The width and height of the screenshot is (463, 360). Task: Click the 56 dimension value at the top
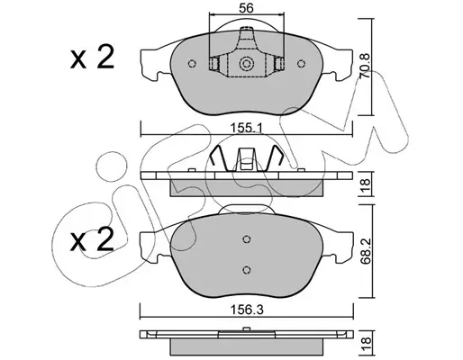246,8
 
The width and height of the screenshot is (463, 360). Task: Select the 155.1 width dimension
246,129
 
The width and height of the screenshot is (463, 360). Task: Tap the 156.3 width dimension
247,310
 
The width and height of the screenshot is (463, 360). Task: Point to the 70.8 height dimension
365,67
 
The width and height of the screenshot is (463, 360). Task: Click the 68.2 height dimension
366,251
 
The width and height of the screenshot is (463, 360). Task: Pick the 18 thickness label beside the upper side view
366,184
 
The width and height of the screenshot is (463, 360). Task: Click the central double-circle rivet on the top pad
246,64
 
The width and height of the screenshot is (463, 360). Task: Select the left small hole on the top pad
192,64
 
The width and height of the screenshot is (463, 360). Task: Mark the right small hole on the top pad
301,64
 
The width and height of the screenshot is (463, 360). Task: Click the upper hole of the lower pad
247,239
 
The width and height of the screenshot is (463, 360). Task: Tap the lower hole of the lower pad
247,270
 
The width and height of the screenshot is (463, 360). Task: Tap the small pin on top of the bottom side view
247,328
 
